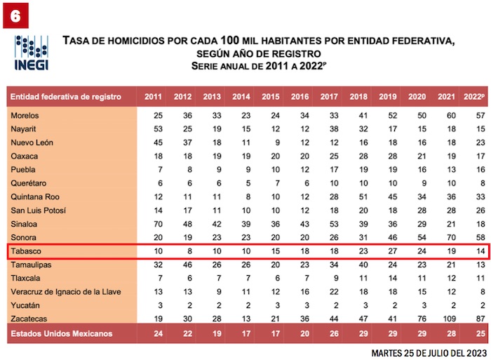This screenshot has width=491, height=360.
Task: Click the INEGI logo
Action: [31, 53]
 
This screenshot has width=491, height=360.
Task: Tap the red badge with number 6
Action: [16, 16]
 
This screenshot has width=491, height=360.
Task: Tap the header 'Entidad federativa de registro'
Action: [67, 97]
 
